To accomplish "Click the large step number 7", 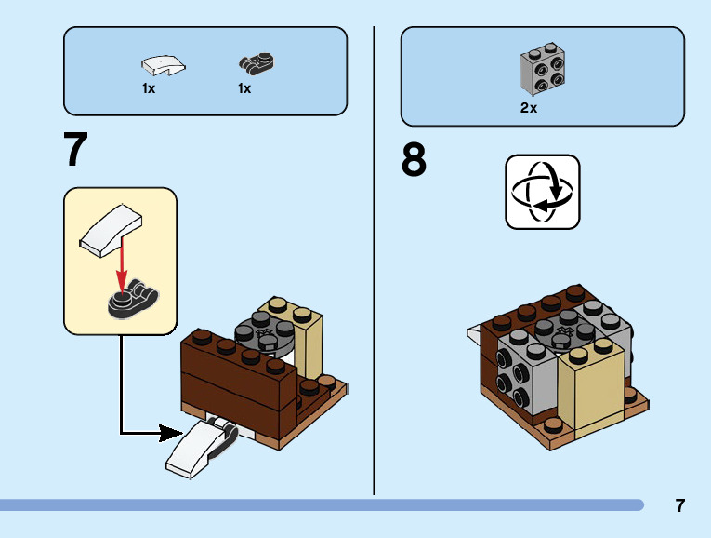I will tap(76, 150).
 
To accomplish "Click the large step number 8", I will tap(415, 161).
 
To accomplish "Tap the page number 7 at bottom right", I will tap(680, 506).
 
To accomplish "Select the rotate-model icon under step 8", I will tap(542, 192).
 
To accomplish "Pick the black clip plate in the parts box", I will tap(257, 63).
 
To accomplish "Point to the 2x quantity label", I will tap(529, 108).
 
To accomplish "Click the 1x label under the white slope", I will tap(149, 89).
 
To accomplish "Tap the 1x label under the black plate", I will tap(244, 89).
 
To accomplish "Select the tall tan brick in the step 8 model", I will tap(588, 383).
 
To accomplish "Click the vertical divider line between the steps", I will tap(375, 261).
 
